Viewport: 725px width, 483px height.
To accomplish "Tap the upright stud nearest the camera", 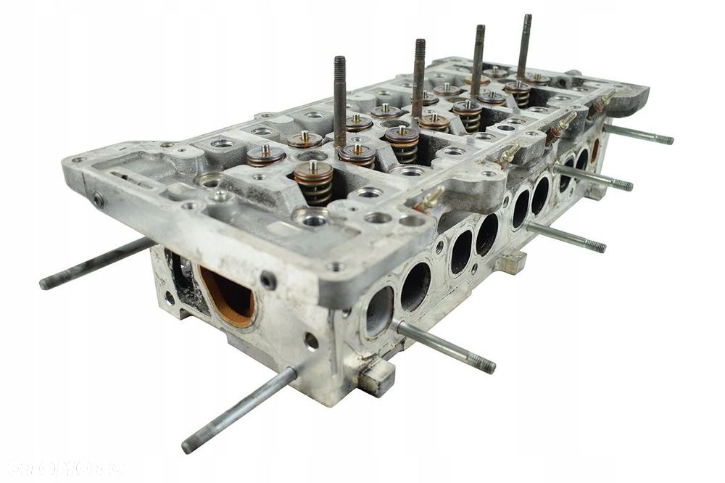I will [x=340, y=102].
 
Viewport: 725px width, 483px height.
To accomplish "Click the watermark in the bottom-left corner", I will [x=62, y=468].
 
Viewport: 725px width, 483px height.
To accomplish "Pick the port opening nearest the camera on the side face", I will [x=379, y=311].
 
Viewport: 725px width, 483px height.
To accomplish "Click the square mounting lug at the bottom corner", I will [x=376, y=378].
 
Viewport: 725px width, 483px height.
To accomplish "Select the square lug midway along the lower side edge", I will [x=512, y=261].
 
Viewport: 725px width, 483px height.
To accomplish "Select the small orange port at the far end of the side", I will [x=594, y=150].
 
